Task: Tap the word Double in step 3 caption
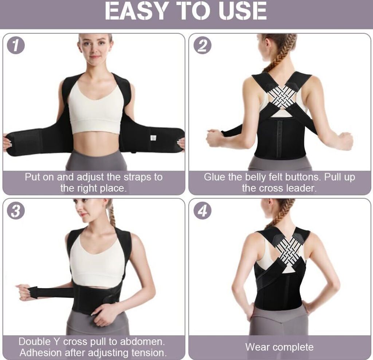click(x=35, y=342)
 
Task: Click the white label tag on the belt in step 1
click(x=154, y=138)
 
